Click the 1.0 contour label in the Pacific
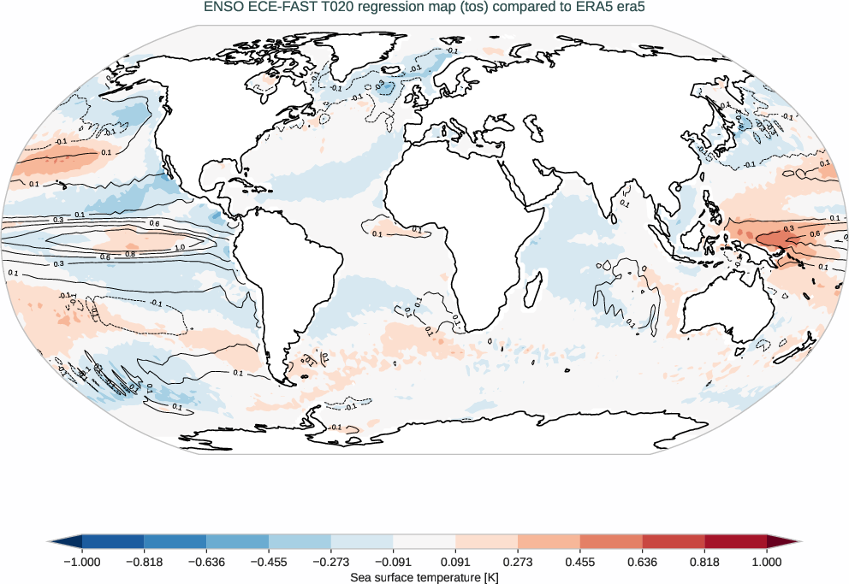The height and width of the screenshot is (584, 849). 179,247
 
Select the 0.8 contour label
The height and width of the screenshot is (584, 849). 129,253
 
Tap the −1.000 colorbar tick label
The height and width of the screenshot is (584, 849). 82,562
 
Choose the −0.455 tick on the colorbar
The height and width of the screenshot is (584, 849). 269,562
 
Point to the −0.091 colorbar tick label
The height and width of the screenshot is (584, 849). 393,562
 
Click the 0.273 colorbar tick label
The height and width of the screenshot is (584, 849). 518,562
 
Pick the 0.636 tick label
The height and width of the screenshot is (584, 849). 642,562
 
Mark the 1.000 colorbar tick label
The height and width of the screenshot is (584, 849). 767,562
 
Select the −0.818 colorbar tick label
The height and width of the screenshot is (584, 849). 144,562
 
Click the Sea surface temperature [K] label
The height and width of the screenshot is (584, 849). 424,578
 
